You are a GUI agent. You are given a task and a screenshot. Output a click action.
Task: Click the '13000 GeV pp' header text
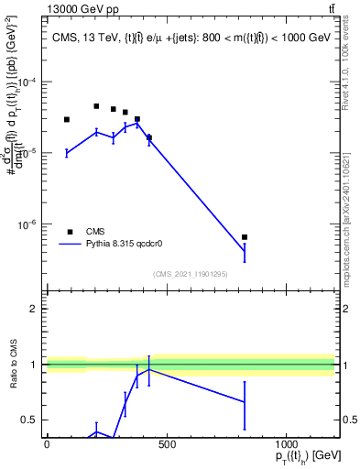point(78,9)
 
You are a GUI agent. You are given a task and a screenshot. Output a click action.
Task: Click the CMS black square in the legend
point(70,232)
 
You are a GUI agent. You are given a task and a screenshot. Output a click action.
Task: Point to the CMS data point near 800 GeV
point(245,237)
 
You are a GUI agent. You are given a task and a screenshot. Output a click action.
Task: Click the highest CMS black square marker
point(96,106)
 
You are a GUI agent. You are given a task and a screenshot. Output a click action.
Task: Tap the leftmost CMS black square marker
point(67,119)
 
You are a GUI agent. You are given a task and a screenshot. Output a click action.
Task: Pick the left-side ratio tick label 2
point(33,309)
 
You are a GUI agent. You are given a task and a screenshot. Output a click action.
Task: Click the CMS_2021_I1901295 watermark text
point(190,274)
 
